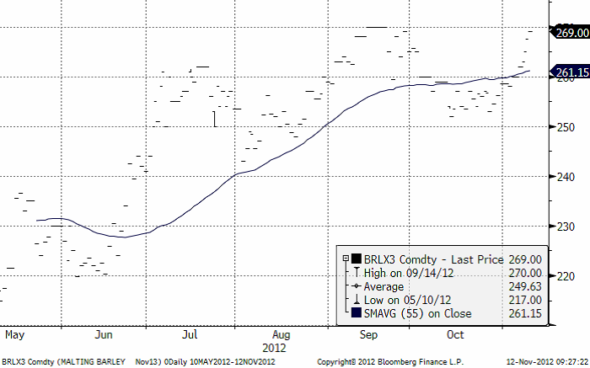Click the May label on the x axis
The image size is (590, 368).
(x=14, y=334)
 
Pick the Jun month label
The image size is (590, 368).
(x=104, y=334)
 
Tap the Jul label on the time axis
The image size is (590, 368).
(x=190, y=334)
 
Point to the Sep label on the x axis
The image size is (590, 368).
(x=367, y=334)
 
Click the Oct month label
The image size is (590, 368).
(x=455, y=334)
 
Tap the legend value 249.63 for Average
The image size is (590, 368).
(x=523, y=286)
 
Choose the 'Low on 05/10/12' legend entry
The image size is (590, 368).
(x=396, y=300)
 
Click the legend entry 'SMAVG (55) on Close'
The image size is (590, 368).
(x=413, y=313)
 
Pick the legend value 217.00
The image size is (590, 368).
(x=523, y=300)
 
